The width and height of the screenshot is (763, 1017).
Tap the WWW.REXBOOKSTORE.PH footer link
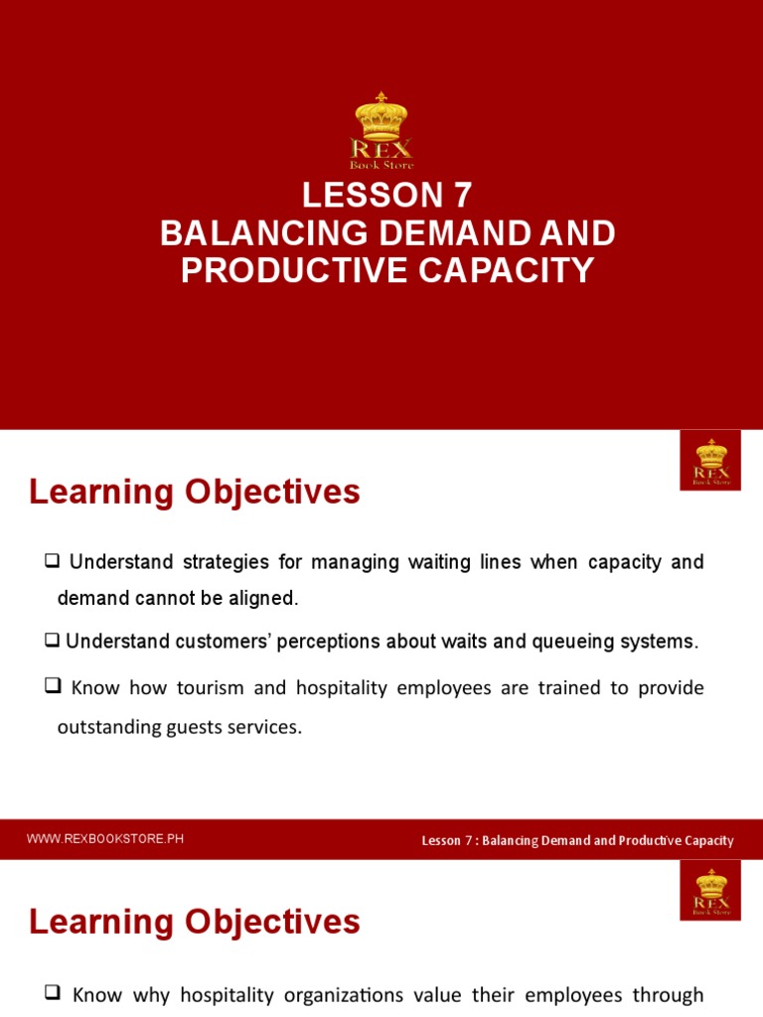(105, 839)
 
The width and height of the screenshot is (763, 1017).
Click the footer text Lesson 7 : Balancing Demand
(577, 840)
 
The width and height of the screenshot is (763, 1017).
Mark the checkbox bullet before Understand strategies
(54, 562)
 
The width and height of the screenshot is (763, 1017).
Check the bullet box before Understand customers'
(53, 642)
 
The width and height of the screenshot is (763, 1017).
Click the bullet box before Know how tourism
(54, 687)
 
